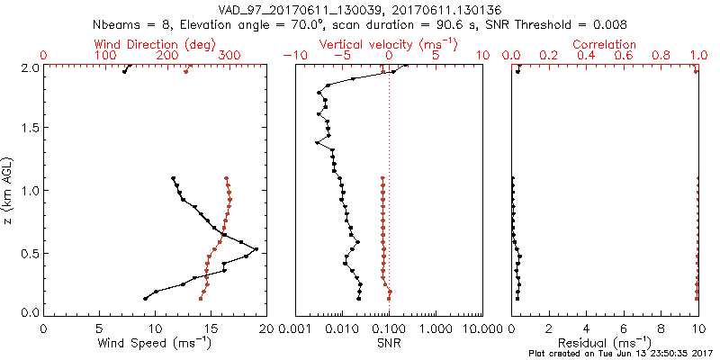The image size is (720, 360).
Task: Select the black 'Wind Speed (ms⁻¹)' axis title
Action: pos(156,342)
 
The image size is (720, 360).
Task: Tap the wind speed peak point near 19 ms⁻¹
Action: pos(256,249)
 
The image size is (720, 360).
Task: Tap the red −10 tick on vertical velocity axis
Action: pos(290,56)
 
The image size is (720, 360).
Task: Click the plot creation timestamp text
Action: pos(621,354)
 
